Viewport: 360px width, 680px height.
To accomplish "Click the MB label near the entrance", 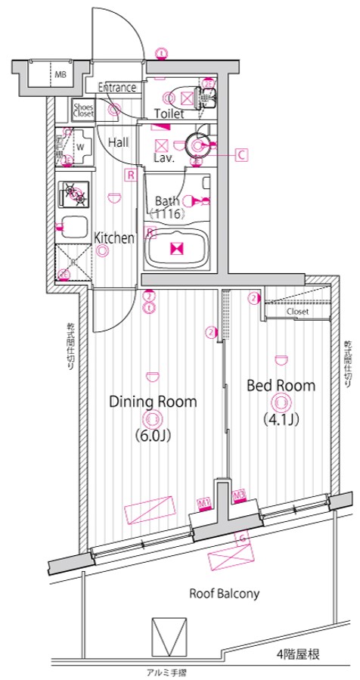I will (59, 74).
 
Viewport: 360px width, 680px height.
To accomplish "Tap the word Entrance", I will (116, 88).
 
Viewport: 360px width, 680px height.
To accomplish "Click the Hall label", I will (118, 142).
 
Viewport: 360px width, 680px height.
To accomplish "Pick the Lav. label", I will (165, 159).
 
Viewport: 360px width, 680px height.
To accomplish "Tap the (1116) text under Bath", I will (167, 215).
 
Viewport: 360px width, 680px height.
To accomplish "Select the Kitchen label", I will (114, 238).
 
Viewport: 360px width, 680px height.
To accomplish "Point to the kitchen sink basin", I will (74, 228).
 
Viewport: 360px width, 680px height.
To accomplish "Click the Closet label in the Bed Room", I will (297, 311).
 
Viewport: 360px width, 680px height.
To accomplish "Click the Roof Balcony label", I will (225, 594).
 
